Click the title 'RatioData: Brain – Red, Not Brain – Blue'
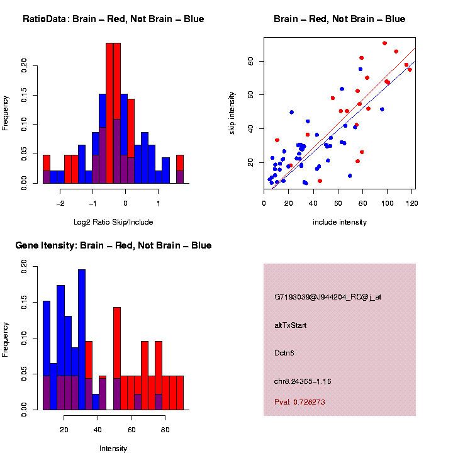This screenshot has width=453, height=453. click(x=113, y=19)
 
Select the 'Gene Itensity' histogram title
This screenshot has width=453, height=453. click(x=113, y=245)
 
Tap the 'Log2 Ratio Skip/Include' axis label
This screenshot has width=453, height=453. click(x=113, y=222)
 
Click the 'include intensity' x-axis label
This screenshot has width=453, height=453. click(x=340, y=222)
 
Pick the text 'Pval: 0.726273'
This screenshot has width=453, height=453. click(x=299, y=401)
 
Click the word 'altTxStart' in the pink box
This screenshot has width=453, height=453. click(x=291, y=325)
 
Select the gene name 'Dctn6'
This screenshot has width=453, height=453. click(x=284, y=353)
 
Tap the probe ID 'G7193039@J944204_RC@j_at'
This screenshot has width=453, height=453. click(x=328, y=297)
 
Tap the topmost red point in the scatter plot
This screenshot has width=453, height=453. click(x=384, y=43)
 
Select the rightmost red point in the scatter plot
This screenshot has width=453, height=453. click(x=410, y=69)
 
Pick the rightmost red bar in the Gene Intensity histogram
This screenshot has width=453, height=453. click(x=180, y=393)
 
